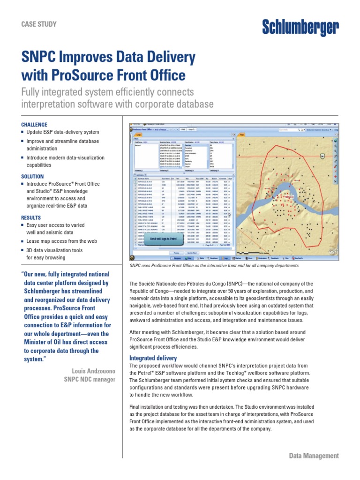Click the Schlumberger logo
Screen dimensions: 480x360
pos(300,29)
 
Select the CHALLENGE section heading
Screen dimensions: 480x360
pos(34,125)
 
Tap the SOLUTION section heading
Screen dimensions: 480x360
pos(32,177)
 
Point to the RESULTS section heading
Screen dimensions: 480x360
pos(31,218)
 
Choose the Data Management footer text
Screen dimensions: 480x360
pos(314,456)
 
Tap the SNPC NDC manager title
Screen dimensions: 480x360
pos(90,379)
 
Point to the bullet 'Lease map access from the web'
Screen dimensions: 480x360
pos(61,241)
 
